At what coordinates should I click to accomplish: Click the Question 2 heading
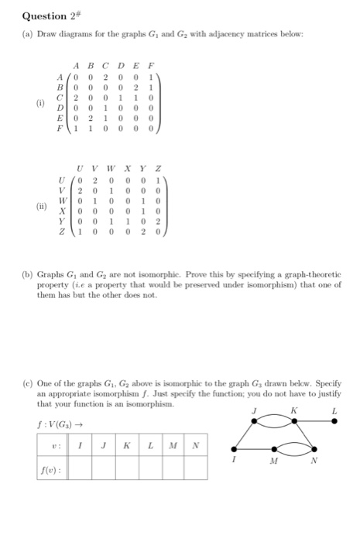click(x=46, y=13)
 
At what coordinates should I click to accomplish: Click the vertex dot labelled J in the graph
click(x=255, y=420)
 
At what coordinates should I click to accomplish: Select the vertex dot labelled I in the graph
click(x=233, y=448)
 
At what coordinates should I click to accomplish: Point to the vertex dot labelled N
click(x=314, y=449)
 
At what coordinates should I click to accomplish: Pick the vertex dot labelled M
click(x=272, y=449)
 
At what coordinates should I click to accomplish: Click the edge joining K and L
click(x=314, y=420)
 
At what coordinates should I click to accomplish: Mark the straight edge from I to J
click(x=244, y=434)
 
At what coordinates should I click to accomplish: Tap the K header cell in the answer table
click(x=125, y=445)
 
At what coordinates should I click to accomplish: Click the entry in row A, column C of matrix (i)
click(x=105, y=77)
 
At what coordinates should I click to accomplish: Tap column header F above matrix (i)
click(x=153, y=66)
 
